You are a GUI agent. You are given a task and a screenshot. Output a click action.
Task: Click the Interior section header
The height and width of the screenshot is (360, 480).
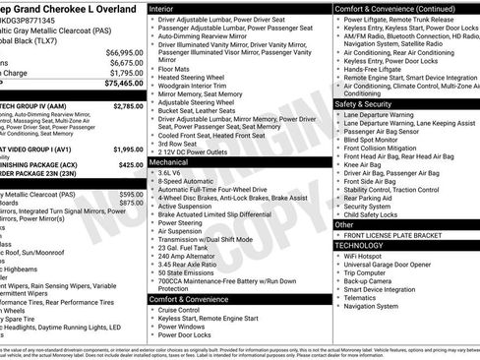coord(166,7)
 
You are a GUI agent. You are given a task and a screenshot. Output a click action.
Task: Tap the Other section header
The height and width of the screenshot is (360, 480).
coord(344,225)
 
